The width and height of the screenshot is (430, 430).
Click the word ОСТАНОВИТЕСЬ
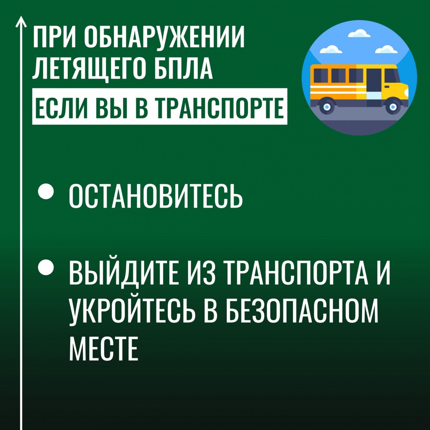(x=156, y=196)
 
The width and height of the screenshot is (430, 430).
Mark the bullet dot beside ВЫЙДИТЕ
(x=46, y=267)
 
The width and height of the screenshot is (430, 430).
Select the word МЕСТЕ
(x=103, y=348)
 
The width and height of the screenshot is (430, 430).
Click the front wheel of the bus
(x=393, y=107)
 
